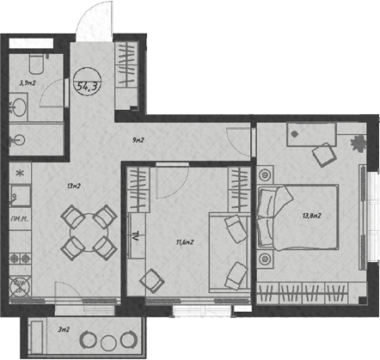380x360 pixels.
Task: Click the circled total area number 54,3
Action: click(x=88, y=85)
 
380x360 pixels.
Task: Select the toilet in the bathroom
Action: click(x=32, y=63)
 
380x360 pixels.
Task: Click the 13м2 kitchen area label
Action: click(x=73, y=186)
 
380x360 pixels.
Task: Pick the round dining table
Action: click(x=88, y=231)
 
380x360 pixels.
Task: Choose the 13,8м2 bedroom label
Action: click(x=311, y=216)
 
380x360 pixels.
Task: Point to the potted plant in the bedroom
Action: click(x=359, y=143)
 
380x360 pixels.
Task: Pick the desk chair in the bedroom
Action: click(x=323, y=155)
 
